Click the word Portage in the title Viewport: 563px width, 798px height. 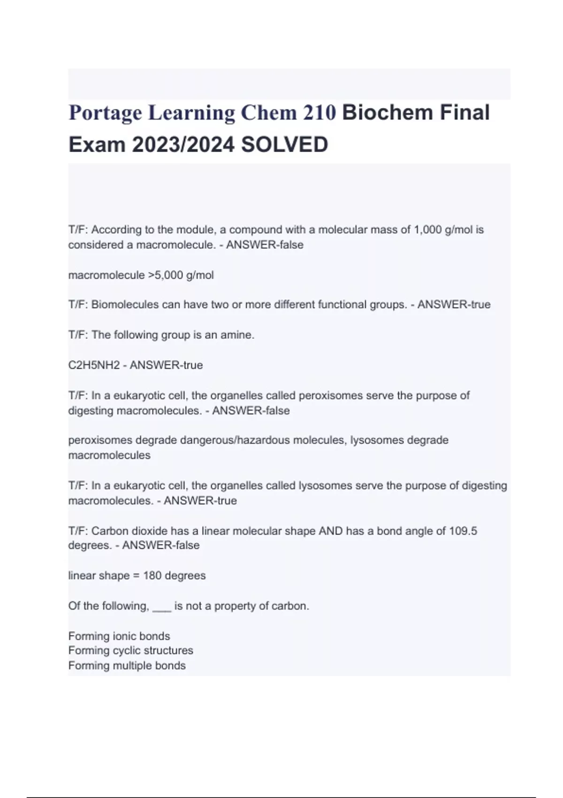[x=105, y=114]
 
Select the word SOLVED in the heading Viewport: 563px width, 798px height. [x=284, y=145]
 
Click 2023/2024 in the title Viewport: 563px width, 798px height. [x=183, y=145]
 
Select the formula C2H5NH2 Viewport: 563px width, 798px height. [x=94, y=365]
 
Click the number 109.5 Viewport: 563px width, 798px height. [x=463, y=531]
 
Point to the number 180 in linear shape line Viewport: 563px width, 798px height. [x=152, y=575]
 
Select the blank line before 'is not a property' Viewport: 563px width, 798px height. [x=162, y=606]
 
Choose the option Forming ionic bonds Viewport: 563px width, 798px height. [x=119, y=636]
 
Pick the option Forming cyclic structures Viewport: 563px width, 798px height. [x=130, y=651]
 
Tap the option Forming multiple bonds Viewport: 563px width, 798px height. [x=127, y=666]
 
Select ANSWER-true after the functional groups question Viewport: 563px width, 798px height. [x=454, y=305]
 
